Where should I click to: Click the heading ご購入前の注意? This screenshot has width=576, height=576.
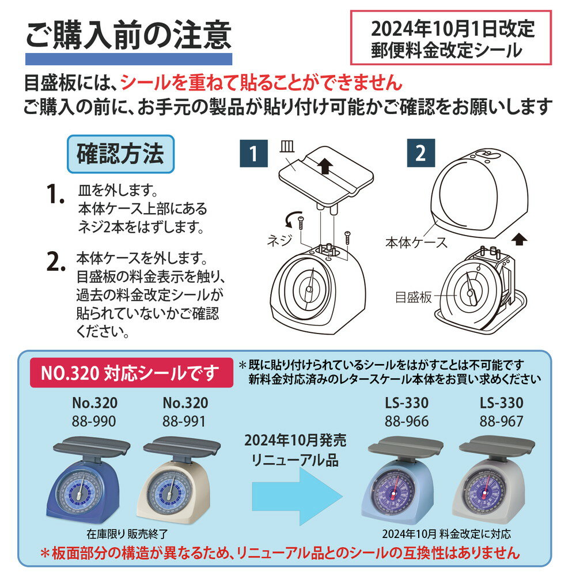tap(128, 35)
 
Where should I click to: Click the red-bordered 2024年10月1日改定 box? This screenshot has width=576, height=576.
tap(451, 38)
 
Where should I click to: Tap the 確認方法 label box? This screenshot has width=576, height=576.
tap(120, 154)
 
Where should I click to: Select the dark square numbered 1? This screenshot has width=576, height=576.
tap(253, 153)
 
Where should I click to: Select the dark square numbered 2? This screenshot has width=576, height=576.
tap(421, 153)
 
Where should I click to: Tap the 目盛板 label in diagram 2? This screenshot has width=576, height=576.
tap(413, 297)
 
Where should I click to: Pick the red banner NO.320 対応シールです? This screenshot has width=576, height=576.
tap(131, 373)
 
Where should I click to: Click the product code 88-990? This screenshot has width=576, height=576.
tap(94, 421)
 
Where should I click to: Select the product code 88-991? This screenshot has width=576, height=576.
tap(184, 421)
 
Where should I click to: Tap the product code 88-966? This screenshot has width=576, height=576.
tap(407, 421)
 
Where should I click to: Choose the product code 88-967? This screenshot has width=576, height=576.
tap(502, 421)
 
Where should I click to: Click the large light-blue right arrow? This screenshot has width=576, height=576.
tap(297, 496)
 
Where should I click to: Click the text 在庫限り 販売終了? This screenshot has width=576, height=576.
tap(127, 534)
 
